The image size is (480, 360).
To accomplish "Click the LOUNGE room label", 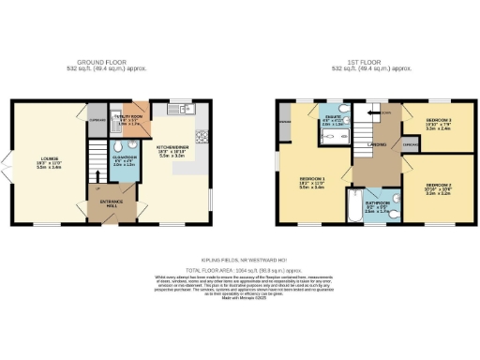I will (45, 159).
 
